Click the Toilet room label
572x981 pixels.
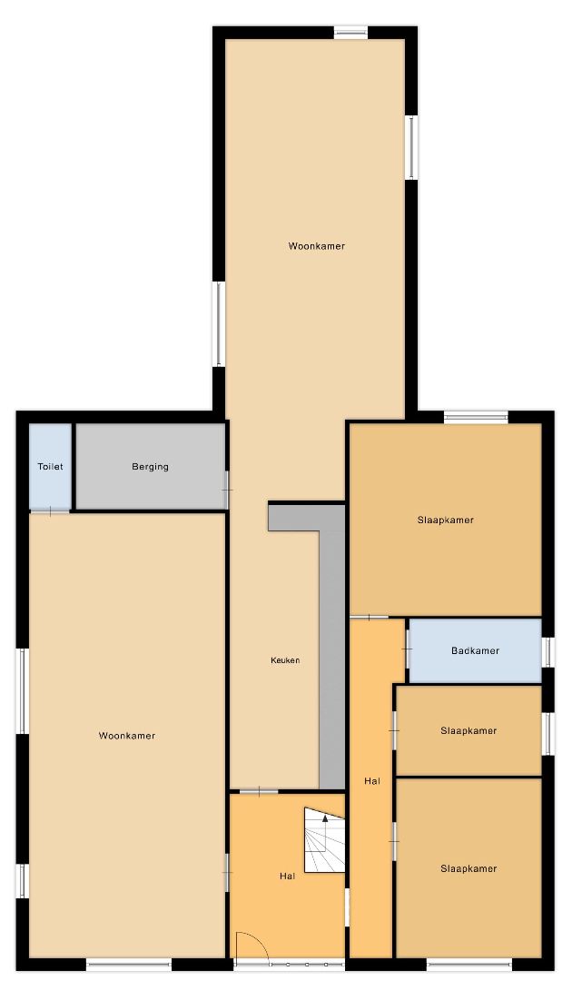pyautogui.click(x=50, y=467)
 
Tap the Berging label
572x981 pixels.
pyautogui.click(x=150, y=467)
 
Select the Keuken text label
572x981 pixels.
pyautogui.click(x=285, y=660)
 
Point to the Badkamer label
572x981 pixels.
pyautogui.click(x=475, y=650)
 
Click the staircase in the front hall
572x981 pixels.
pyautogui.click(x=324, y=839)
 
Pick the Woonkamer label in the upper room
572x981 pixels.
pyautogui.click(x=316, y=246)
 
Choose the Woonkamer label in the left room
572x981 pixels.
pyautogui.click(x=127, y=736)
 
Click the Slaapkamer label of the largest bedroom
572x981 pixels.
pyautogui.click(x=446, y=520)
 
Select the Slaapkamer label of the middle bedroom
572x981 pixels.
pyautogui.click(x=468, y=730)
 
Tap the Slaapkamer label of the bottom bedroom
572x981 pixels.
pyautogui.click(x=468, y=868)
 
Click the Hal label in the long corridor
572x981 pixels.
pyautogui.click(x=372, y=781)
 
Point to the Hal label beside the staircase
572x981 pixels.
pyautogui.click(x=288, y=877)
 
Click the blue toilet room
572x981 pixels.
pyautogui.click(x=50, y=467)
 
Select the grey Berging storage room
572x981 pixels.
pyautogui.click(x=150, y=467)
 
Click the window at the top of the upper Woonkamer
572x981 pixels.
pyautogui.click(x=350, y=33)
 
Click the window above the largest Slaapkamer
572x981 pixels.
pyautogui.click(x=476, y=417)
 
